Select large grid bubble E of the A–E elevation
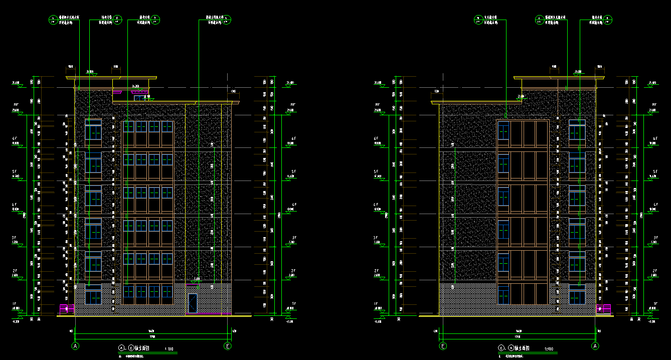click(228, 346)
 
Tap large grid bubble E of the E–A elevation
click(443, 346)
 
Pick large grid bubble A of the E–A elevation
click(595, 346)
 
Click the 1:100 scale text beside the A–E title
click(169, 348)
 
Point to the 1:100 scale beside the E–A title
click(549, 348)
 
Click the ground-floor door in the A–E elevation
click(192, 303)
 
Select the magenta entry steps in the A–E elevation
click(67, 308)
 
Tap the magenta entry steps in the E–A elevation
click(604, 308)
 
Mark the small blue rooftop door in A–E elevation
click(137, 98)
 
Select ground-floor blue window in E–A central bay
click(503, 294)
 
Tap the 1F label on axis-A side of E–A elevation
click(655, 304)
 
